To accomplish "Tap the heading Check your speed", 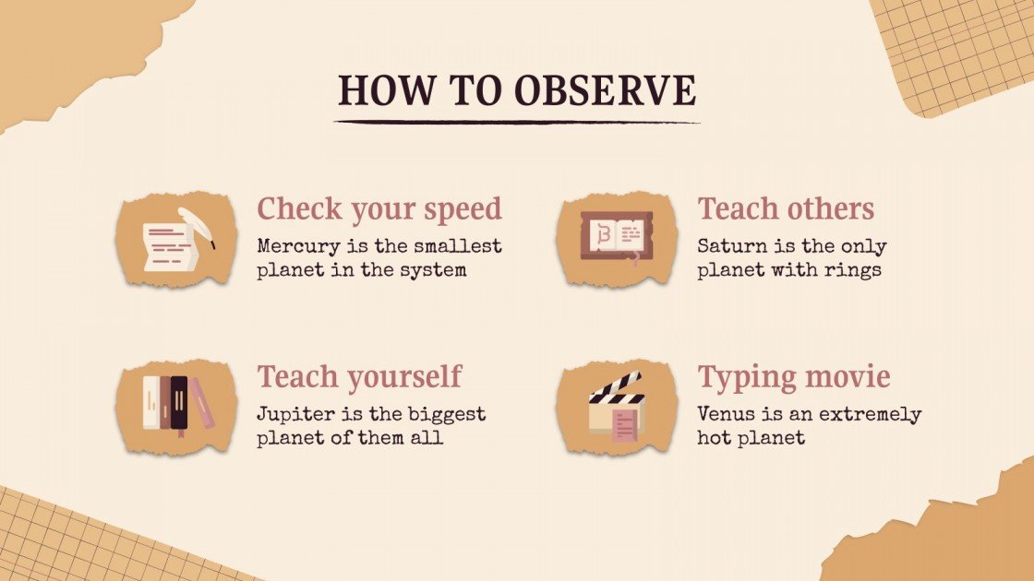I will [x=379, y=209].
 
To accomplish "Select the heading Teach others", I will [x=786, y=209].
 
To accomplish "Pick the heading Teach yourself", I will [x=359, y=377].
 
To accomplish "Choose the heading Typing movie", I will [x=794, y=377].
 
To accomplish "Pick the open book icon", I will [x=616, y=238].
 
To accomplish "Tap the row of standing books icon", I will [x=175, y=406].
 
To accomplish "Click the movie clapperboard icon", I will [x=616, y=406].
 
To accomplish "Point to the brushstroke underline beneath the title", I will [x=517, y=122].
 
